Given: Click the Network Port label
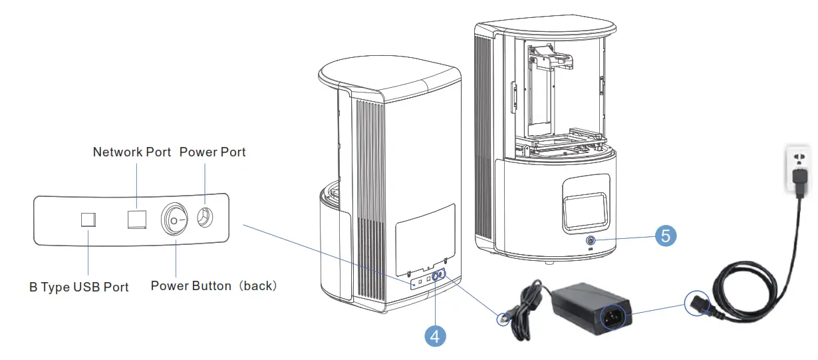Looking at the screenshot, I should coord(132,152).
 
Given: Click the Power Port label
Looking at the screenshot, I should coord(212,152).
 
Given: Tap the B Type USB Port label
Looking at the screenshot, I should coord(79,287).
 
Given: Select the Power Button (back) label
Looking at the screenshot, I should coord(213,286).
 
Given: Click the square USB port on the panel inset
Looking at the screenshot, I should coord(88,220).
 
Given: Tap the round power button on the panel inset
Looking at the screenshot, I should coord(175,220).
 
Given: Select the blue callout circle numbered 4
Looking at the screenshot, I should coord(435,335).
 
